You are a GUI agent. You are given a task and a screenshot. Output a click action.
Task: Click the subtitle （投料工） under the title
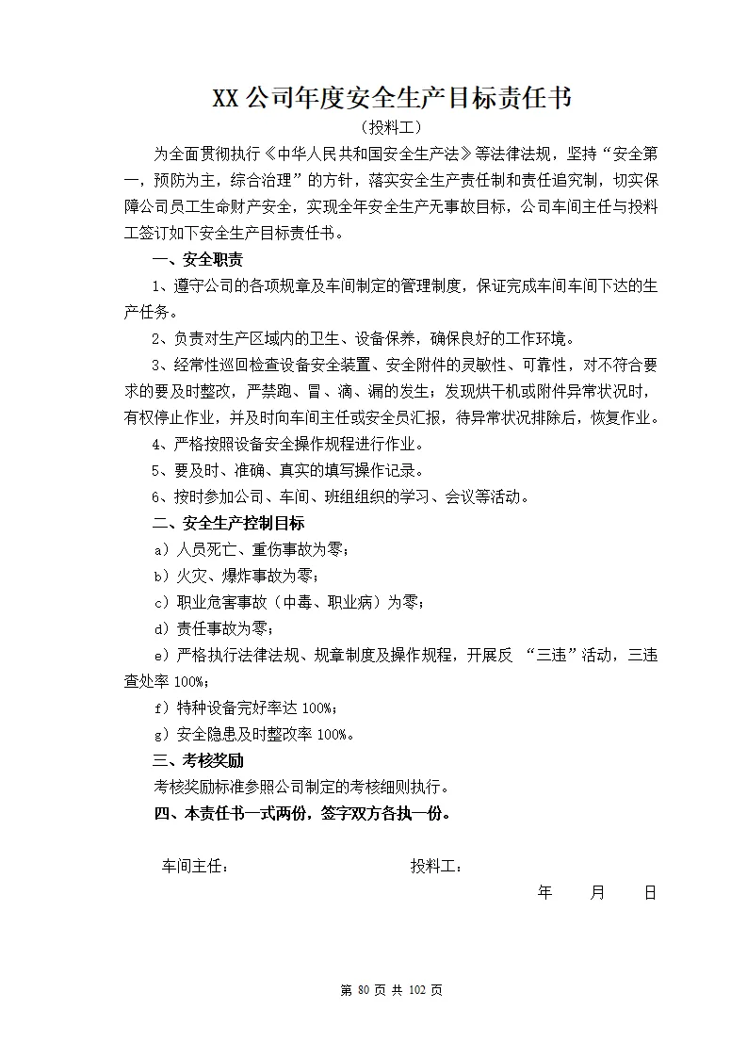(391, 127)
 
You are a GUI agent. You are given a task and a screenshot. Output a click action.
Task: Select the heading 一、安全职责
(198, 260)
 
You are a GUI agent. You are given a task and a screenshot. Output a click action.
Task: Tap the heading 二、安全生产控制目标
(228, 523)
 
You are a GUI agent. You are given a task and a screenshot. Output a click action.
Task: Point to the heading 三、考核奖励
(198, 760)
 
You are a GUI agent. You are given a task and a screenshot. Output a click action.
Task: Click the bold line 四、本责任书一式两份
(301, 813)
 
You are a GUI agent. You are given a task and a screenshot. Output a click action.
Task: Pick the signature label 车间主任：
(195, 867)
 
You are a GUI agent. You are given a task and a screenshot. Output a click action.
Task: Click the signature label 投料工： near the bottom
(435, 867)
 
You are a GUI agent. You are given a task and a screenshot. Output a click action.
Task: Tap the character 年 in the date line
(544, 893)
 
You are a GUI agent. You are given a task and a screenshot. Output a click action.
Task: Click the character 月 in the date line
(597, 893)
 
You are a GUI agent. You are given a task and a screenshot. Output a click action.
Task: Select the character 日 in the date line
(650, 893)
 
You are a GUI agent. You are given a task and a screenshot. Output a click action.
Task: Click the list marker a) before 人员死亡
(159, 550)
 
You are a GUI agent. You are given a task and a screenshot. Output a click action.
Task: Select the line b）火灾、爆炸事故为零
(242, 577)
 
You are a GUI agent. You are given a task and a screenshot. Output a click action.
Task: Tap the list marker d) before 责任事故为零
(159, 628)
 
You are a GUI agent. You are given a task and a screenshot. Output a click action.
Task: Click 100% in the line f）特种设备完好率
(317, 708)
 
